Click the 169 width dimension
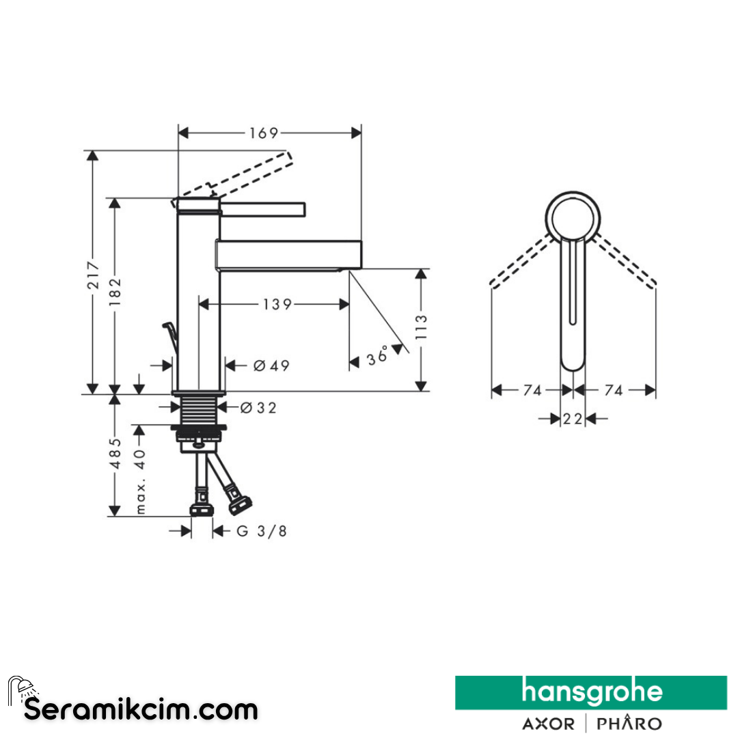point(264,133)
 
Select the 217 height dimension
point(93,275)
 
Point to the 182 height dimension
point(115,292)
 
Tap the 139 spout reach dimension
point(277,305)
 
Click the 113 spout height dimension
point(421,327)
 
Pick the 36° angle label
point(377,356)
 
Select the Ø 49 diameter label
point(271,365)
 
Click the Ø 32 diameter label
point(258,407)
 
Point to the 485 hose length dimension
point(115,453)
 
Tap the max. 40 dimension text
point(140,480)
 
